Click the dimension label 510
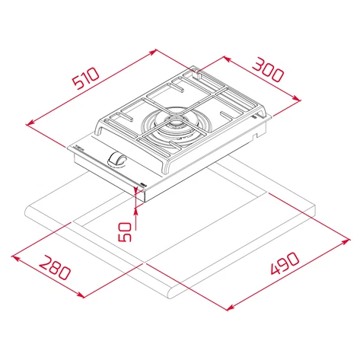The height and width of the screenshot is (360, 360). pos(85,78)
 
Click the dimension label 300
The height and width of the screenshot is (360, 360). pos(267,69)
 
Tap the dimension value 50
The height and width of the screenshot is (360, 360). pos(126,232)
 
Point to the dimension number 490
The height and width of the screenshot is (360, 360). pos(285,263)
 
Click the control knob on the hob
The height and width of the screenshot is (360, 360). pos(116,160)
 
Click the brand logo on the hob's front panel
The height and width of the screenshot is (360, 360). pos(78,148)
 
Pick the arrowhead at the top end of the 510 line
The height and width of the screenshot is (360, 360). pos(153,52)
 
